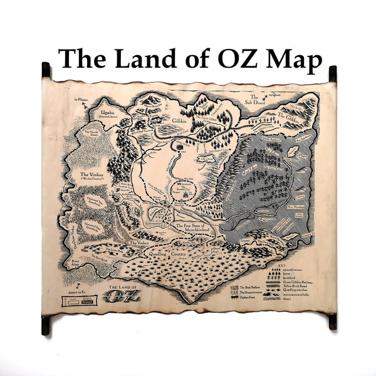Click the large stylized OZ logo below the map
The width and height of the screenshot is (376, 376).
coord(120,296)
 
